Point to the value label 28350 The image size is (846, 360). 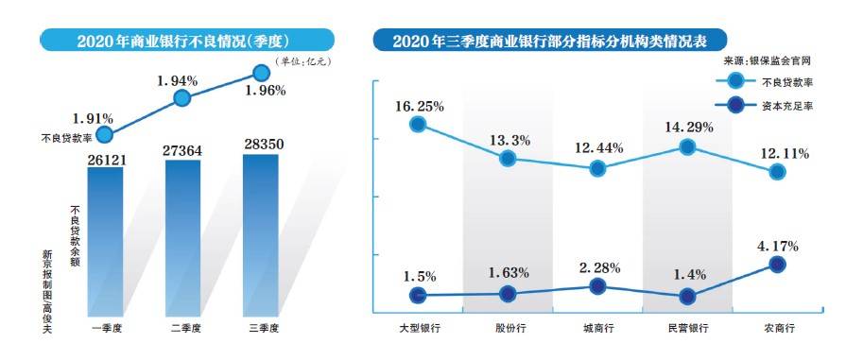pyautogui.click(x=261, y=145)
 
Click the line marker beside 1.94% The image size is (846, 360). pyautogui.click(x=183, y=98)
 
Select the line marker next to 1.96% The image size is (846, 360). pyautogui.click(x=262, y=71)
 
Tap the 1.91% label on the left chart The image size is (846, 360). pyautogui.click(x=94, y=119)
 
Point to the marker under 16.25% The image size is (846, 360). pyautogui.click(x=417, y=124)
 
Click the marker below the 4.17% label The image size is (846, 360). pyautogui.click(x=777, y=266)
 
